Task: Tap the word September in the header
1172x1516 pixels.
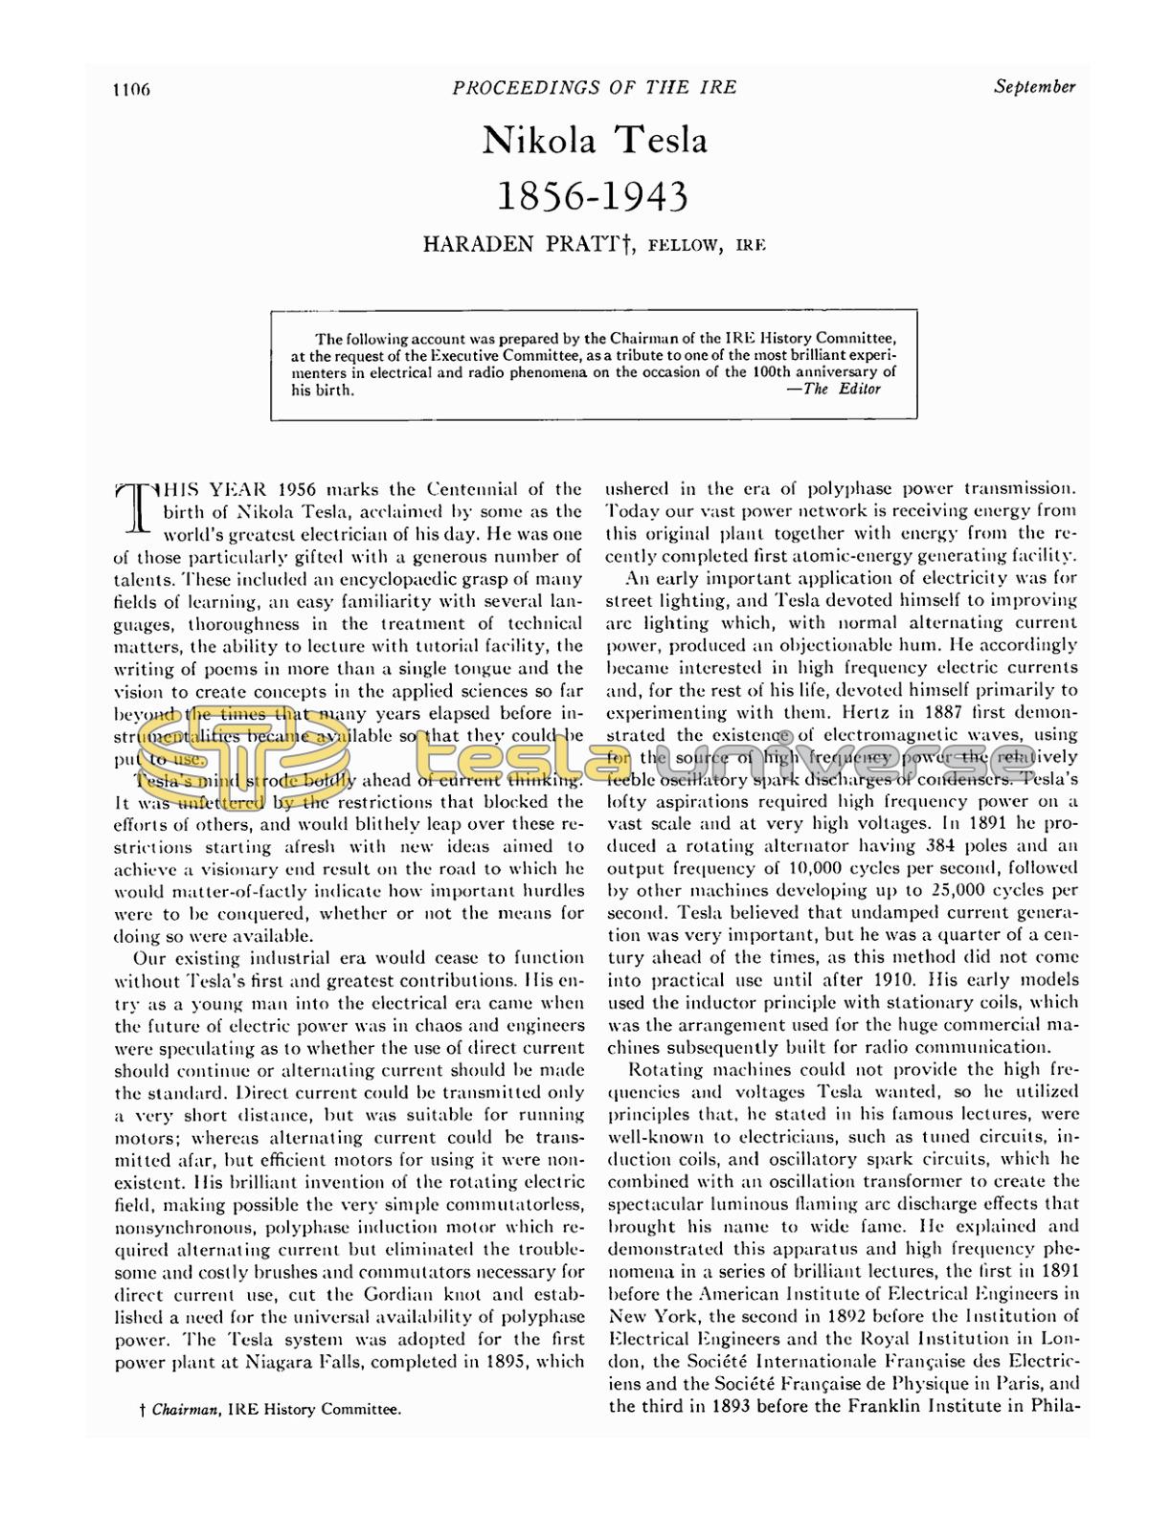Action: point(1034,86)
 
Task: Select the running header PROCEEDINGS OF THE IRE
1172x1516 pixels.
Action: point(595,87)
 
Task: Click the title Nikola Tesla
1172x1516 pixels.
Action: point(595,141)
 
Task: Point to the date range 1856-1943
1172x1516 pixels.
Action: point(595,196)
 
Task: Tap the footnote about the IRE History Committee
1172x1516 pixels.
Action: point(270,1409)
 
